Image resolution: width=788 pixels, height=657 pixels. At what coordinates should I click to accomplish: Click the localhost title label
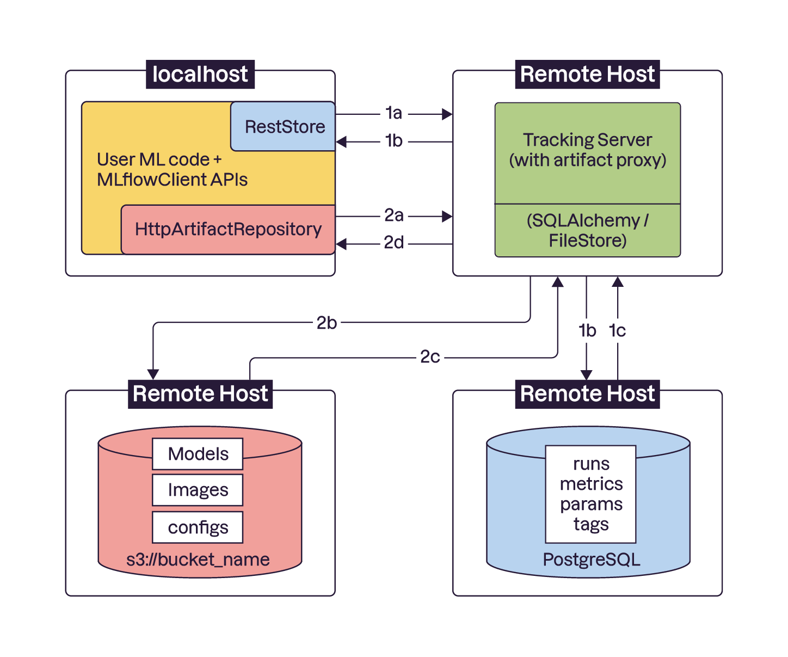[x=200, y=74]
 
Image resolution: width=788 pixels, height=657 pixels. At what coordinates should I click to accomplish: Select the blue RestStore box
[x=284, y=126]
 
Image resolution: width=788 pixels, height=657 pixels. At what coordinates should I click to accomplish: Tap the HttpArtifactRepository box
[x=228, y=229]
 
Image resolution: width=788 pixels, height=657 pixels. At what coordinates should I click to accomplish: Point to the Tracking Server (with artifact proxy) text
[x=587, y=150]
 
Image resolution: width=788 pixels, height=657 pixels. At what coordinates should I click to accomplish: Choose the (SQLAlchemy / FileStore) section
[x=587, y=230]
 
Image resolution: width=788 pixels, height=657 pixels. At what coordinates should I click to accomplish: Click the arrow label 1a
[x=393, y=113]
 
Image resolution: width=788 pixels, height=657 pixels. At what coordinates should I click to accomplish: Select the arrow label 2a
[x=393, y=216]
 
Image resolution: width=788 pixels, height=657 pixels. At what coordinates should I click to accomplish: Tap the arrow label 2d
[x=393, y=243]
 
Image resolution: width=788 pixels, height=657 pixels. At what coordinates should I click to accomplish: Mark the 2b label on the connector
[x=327, y=323]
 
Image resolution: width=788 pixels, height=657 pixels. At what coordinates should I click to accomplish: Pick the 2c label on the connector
[x=429, y=357]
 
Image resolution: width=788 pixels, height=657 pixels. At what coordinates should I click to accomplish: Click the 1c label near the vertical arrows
[x=617, y=330]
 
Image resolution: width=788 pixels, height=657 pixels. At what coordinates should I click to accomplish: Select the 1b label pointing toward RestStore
[x=393, y=141]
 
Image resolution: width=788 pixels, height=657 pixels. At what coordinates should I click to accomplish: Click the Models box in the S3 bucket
[x=198, y=454]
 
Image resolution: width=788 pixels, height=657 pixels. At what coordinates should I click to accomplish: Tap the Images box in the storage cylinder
[x=198, y=490]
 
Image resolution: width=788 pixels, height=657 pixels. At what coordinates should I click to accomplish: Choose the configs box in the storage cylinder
[x=198, y=527]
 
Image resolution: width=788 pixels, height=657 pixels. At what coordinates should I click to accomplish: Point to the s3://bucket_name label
[x=198, y=560]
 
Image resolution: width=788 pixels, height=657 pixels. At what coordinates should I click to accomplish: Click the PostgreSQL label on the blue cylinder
[x=591, y=560]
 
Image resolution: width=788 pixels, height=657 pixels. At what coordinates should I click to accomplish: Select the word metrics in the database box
[x=591, y=484]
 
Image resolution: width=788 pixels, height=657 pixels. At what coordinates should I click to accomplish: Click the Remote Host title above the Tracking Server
[x=587, y=74]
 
